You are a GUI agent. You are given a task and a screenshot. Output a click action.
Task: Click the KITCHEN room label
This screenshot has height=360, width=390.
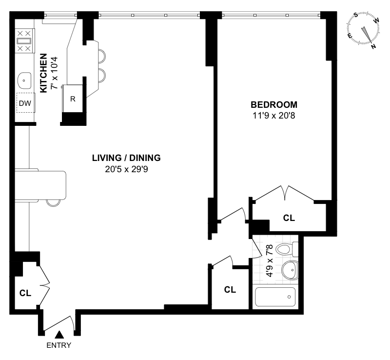tap(43, 73)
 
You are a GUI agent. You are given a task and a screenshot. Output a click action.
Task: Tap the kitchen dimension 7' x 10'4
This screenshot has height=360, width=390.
tap(54, 73)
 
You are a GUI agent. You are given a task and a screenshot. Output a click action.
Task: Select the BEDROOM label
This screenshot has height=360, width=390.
tap(274, 105)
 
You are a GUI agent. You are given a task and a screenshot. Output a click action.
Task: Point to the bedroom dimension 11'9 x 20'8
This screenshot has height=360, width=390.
tap(274, 116)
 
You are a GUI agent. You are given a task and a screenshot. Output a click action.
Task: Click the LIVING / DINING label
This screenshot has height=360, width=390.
tap(126, 158)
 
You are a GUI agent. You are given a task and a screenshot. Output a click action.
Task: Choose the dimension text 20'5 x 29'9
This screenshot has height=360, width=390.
tap(126, 169)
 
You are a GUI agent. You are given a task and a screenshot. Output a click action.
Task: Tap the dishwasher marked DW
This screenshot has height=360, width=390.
tap(26, 103)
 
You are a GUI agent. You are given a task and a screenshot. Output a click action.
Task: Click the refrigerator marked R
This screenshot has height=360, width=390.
tap(73, 99)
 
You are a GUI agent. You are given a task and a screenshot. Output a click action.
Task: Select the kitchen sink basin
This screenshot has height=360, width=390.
tap(24, 80)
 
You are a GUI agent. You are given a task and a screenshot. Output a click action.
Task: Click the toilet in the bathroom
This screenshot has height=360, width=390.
tap(287, 249)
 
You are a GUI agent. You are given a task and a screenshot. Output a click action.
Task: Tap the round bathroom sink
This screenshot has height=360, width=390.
tap(290, 270)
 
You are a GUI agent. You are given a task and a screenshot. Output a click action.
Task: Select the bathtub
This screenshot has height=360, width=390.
tap(275, 297)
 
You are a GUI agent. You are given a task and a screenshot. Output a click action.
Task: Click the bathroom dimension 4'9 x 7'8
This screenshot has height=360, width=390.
tap(270, 260)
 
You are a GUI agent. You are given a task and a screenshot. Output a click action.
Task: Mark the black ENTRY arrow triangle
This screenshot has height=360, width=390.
tap(59, 335)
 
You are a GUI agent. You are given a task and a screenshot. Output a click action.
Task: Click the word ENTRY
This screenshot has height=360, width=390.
tap(59, 345)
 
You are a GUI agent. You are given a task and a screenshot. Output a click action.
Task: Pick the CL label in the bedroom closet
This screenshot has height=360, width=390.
tap(289, 218)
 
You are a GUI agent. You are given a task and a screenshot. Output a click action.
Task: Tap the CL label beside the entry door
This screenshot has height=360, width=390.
tap(25, 293)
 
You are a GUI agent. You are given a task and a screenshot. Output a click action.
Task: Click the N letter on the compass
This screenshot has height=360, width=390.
tap(373, 46)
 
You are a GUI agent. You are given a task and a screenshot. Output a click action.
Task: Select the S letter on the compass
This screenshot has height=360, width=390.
tap(356, 15)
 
